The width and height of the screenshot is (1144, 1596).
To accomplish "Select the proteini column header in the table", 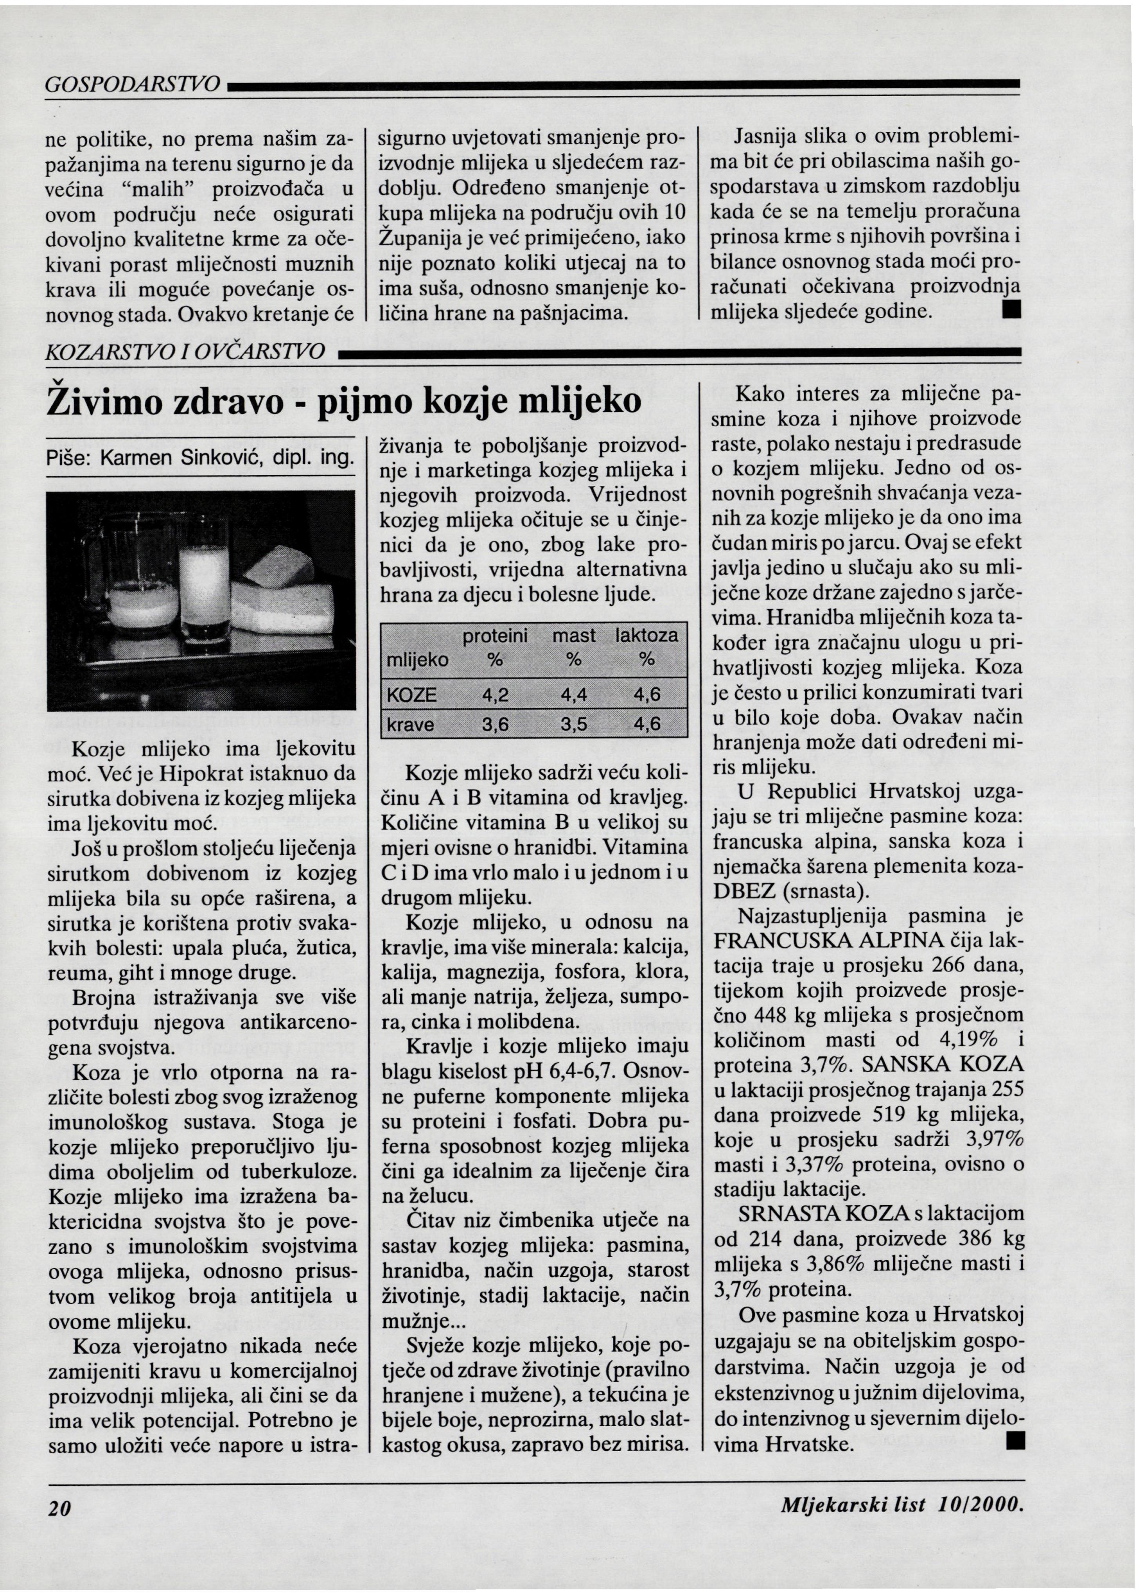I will pyautogui.click(x=495, y=636).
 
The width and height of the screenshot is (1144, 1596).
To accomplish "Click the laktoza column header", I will pyautogui.click(x=647, y=636).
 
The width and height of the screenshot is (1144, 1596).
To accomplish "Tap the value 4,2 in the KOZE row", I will pyautogui.click(x=495, y=695).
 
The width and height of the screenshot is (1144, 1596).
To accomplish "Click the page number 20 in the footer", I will pyautogui.click(x=61, y=1506).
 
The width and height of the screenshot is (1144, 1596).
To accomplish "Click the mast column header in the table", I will pyautogui.click(x=573, y=636).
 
